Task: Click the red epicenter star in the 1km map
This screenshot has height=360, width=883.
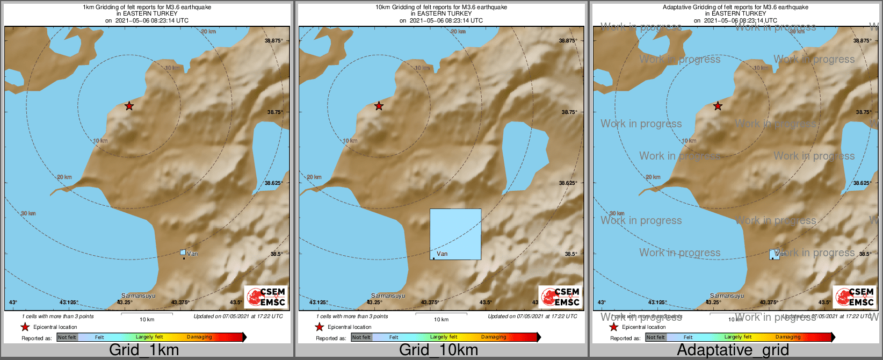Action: click(129, 106)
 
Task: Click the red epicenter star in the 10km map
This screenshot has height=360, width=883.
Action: click(379, 106)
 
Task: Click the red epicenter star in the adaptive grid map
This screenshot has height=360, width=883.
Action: click(718, 106)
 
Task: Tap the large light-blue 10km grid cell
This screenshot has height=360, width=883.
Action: click(455, 234)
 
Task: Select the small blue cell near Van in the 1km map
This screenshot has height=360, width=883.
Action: click(183, 252)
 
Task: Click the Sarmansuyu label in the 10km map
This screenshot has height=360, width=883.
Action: click(388, 296)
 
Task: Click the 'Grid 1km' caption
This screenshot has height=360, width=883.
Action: click(144, 350)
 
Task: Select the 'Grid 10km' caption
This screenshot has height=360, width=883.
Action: click(438, 350)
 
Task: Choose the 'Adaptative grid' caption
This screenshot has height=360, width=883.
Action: click(733, 350)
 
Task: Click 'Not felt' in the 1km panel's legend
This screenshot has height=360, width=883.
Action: click(67, 337)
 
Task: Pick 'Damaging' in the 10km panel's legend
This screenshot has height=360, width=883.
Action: click(494, 337)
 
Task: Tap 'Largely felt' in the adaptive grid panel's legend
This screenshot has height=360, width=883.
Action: click(738, 337)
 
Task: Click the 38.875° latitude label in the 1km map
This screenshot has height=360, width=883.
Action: click(274, 41)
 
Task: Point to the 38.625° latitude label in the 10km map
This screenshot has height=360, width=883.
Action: click(568, 183)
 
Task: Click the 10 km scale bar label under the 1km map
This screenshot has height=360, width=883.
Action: click(147, 320)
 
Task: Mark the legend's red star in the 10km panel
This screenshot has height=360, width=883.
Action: click(319, 327)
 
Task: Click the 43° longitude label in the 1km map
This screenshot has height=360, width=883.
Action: click(13, 303)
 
